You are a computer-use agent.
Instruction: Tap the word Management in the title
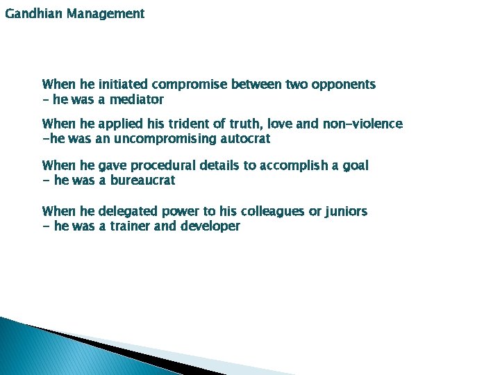pyautogui.click(x=106, y=14)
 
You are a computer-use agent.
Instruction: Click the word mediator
pyautogui.click(x=136, y=100)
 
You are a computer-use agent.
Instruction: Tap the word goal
pyautogui.click(x=355, y=166)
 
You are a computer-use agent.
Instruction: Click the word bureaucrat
pyautogui.click(x=146, y=181)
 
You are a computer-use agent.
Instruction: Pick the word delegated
pyautogui.click(x=128, y=211)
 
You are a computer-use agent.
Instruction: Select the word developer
pyautogui.click(x=210, y=226)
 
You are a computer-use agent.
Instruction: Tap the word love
pyautogui.click(x=293, y=124)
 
